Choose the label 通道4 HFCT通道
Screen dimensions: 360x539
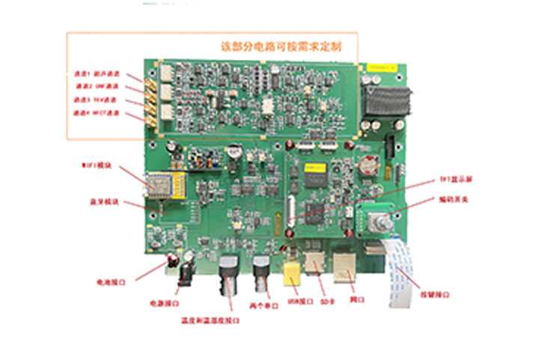(97, 113)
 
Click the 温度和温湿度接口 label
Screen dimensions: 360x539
(210, 320)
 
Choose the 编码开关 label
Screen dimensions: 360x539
(453, 199)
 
